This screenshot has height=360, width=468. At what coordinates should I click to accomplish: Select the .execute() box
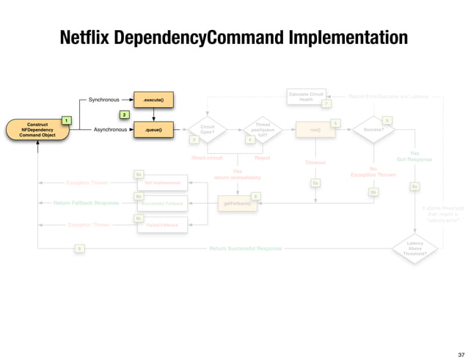tap(153, 98)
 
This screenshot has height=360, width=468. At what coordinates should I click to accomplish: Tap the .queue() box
tap(153, 130)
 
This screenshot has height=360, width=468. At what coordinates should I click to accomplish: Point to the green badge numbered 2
tap(124, 115)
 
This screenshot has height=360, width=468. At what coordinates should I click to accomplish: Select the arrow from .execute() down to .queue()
tap(153, 114)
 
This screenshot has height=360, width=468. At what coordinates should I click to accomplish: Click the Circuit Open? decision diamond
tap(207, 130)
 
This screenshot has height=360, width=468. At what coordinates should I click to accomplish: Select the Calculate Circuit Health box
tap(306, 96)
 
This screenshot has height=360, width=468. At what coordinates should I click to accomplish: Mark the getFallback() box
tap(238, 203)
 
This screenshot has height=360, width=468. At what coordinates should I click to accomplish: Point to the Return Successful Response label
tap(245, 249)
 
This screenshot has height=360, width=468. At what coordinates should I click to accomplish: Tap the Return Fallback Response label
tap(87, 202)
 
